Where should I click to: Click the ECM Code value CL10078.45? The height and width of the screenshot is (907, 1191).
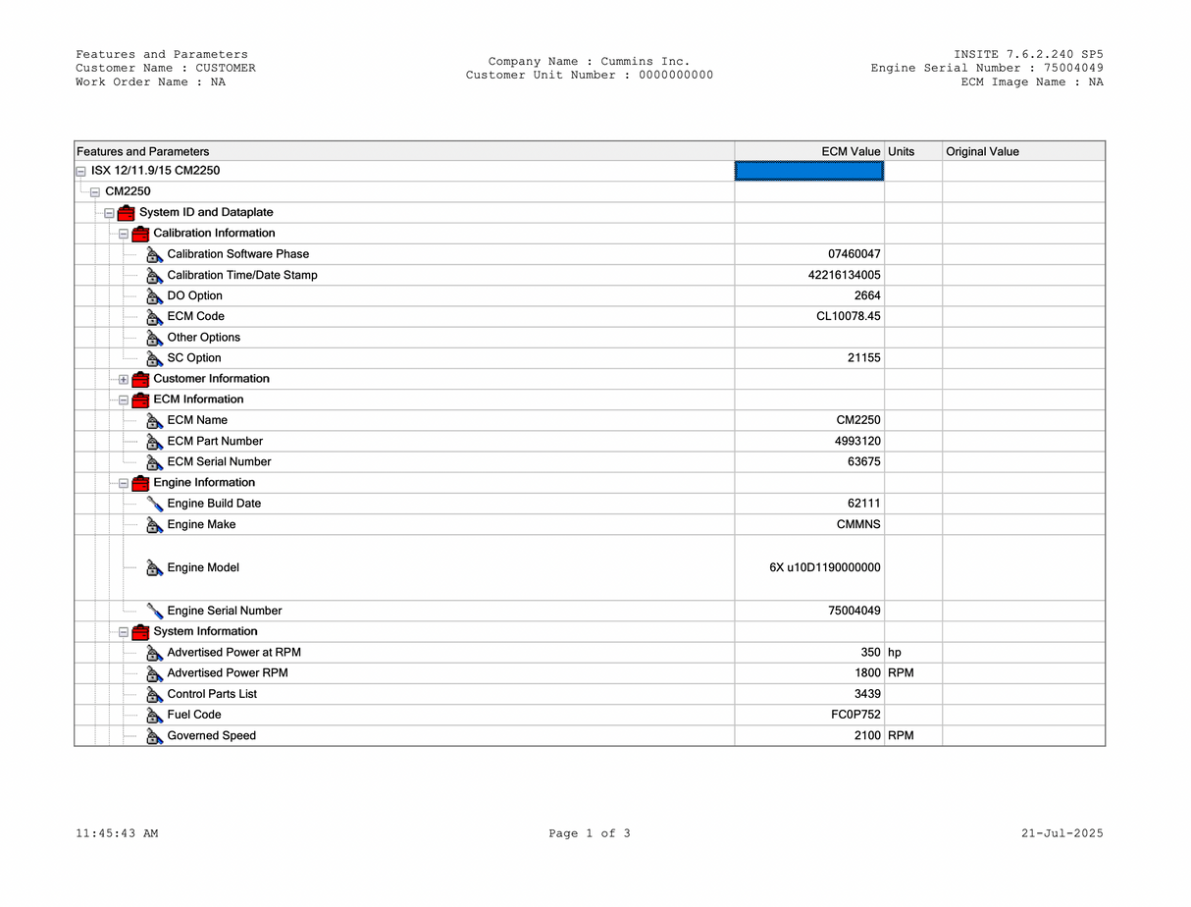848,316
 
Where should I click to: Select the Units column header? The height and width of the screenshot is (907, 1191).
901,151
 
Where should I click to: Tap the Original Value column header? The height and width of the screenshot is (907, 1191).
982,151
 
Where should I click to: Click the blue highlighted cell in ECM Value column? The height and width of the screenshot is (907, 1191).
809,171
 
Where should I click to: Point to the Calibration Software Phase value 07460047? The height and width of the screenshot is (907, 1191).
854,254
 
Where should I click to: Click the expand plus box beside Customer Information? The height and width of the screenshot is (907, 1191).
124,380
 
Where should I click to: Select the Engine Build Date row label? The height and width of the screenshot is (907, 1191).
214,504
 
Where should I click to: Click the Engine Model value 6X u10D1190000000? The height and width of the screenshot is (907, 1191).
824,567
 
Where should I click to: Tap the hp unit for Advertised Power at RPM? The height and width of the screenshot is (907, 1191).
895,653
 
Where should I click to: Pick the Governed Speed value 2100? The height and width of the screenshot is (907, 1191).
867,735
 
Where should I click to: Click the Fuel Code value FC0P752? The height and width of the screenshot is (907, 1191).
855,715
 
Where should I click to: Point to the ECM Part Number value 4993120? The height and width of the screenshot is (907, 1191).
857,441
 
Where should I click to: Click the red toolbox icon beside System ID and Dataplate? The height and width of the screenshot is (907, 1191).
126,213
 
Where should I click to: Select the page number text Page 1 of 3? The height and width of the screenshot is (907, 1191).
590,833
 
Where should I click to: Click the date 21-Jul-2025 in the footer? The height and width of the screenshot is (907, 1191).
1062,833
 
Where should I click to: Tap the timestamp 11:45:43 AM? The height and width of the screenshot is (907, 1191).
117,833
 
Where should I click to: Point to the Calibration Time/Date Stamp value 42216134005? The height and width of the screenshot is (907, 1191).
844,275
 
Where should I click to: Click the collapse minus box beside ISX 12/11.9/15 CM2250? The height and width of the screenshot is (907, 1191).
80,172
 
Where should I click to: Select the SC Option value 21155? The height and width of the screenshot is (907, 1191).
863,358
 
